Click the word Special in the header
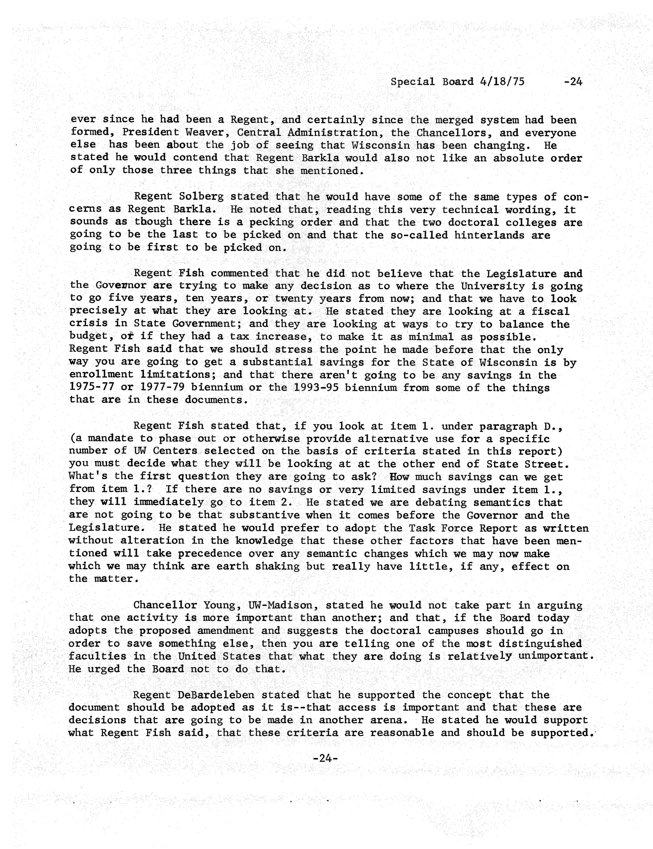click(413, 82)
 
